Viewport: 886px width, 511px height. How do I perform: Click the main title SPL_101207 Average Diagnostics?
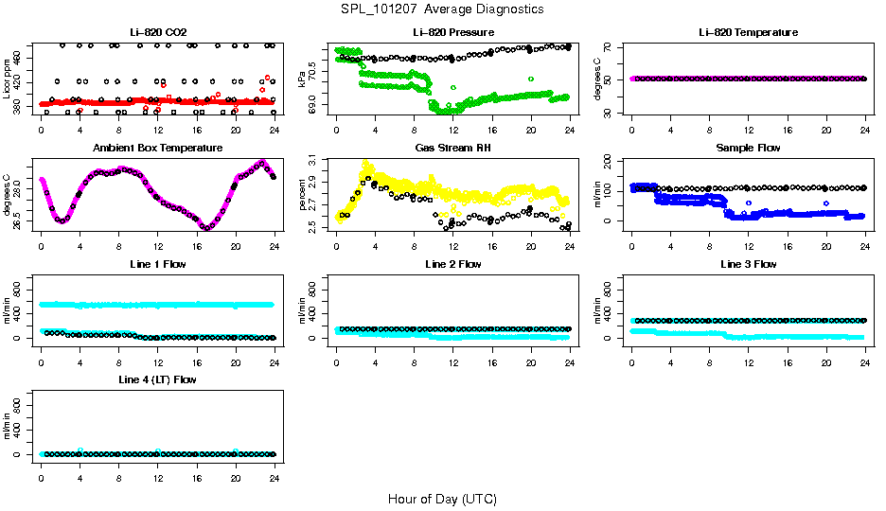coord(443,9)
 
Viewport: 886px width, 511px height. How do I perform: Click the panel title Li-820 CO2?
coord(157,33)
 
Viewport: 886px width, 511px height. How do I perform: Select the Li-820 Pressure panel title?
coord(452,33)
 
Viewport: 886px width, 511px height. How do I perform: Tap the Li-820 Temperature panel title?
coord(748,33)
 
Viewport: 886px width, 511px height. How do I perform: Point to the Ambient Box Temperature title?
coord(157,149)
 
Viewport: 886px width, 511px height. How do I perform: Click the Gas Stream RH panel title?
coord(452,149)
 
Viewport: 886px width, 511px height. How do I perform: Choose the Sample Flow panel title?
coord(748,149)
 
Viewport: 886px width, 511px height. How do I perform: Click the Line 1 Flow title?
coord(157,264)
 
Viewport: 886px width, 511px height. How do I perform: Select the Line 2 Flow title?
coord(452,264)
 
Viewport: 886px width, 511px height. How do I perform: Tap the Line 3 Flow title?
coord(748,264)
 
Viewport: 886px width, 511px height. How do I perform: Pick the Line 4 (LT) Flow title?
coord(157,379)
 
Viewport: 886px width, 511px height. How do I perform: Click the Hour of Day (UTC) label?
coord(442,499)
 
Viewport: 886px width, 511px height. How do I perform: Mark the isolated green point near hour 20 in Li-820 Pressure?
coord(531,79)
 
